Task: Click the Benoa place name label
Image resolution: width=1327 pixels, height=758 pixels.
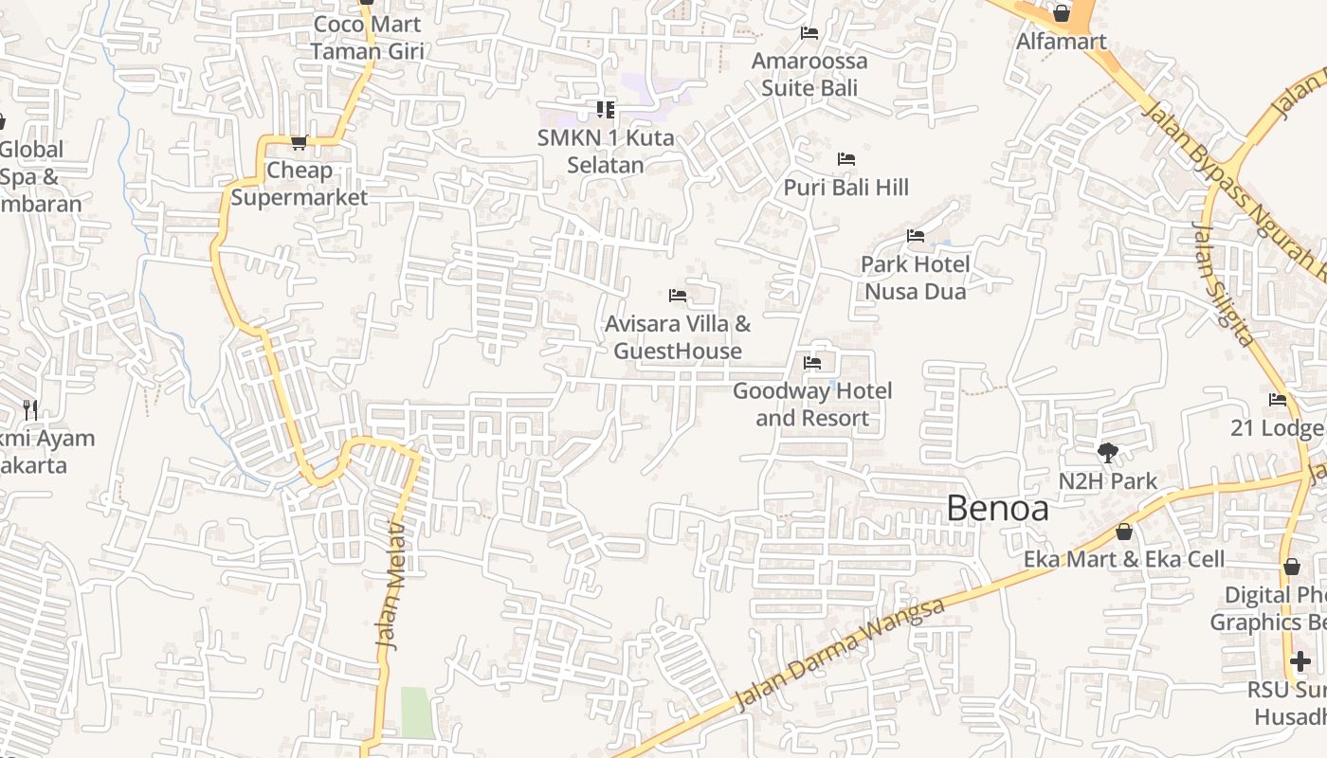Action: click(997, 510)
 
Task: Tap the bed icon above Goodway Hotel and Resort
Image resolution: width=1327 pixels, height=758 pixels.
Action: click(812, 363)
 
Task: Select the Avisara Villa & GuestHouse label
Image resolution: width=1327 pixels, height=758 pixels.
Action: click(678, 337)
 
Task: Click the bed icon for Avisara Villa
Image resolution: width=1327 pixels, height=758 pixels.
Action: click(678, 296)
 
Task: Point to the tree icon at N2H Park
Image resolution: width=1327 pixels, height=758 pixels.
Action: click(1107, 453)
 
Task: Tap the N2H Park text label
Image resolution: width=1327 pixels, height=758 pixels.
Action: click(1107, 481)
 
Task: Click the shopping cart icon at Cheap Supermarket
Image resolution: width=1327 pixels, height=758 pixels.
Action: click(299, 143)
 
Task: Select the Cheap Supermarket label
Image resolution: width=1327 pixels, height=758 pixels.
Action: click(299, 184)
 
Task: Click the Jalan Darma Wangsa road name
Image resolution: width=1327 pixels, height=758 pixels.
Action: click(840, 654)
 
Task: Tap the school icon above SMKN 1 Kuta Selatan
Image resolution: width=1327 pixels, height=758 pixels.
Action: click(606, 110)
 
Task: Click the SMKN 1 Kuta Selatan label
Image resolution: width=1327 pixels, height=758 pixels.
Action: click(606, 152)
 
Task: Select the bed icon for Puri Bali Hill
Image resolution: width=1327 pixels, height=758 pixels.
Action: click(846, 159)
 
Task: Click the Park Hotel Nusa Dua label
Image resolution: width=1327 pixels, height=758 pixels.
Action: click(915, 278)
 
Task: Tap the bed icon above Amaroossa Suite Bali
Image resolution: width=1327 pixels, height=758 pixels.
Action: click(809, 33)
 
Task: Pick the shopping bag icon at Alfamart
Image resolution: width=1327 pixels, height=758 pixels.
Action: click(1062, 13)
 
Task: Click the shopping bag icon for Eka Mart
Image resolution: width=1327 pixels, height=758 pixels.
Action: click(1124, 532)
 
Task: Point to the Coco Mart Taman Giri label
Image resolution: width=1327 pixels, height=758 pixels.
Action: click(367, 38)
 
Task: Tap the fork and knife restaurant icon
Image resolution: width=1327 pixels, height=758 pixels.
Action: click(30, 410)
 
